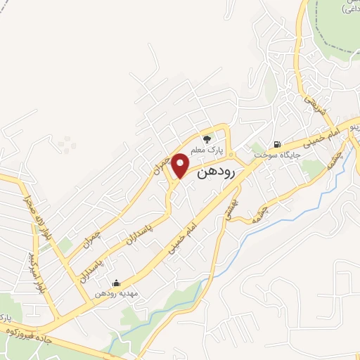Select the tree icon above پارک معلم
[x=206, y=139]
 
